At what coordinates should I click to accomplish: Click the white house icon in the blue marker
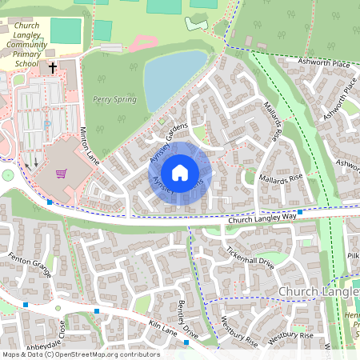point(180,173)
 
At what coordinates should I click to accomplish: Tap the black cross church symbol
point(53,69)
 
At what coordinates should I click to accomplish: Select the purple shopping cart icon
point(61,172)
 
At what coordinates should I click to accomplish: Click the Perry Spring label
point(114,100)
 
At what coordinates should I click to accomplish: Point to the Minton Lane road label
point(89,144)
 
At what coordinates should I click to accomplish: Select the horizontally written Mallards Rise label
point(281,177)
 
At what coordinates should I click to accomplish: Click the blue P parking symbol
point(47,124)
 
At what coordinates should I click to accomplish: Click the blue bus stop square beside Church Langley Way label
point(300,212)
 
